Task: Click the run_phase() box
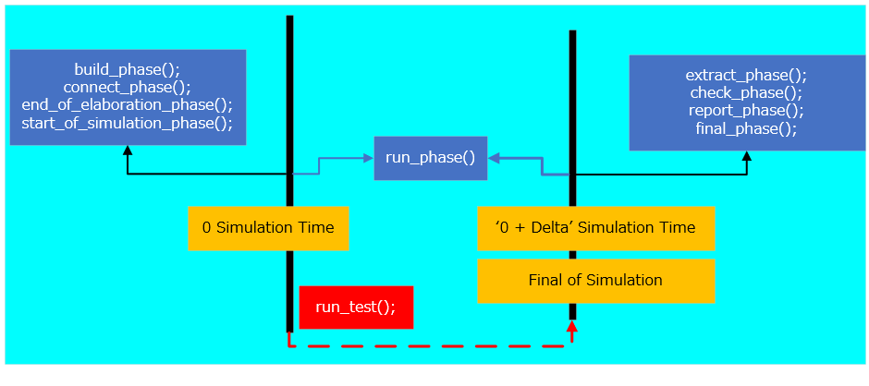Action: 430,158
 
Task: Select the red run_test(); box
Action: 356,308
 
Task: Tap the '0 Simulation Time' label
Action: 268,227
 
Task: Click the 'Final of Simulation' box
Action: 595,281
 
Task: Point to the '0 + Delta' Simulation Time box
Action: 595,227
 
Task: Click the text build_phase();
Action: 128,70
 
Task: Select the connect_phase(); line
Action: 128,88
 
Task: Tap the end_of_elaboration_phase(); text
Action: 128,105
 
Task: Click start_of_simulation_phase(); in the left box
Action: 128,123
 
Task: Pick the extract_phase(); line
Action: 746,76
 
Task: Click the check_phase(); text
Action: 746,93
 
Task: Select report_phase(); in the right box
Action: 746,111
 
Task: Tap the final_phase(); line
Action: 746,128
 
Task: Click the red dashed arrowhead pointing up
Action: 572,326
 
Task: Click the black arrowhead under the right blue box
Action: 747,156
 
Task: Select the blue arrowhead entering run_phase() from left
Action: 369,158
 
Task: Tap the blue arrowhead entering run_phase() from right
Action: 494,158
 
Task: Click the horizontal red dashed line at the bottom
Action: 430,346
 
